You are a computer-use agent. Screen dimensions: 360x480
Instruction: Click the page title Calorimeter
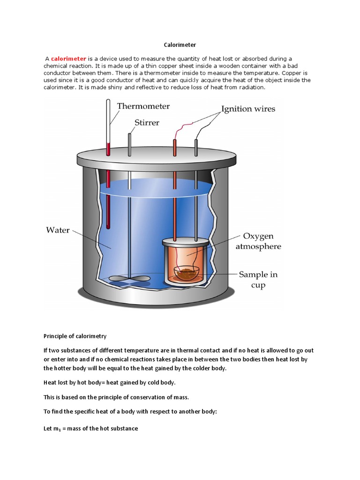click(180, 45)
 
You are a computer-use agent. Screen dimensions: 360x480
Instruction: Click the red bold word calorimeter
click(68, 59)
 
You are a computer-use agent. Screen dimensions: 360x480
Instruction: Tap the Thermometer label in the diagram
click(143, 106)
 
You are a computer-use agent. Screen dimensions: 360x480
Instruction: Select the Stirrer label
click(147, 122)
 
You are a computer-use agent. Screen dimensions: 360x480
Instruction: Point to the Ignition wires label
click(248, 109)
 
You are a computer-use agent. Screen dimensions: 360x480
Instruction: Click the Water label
click(58, 230)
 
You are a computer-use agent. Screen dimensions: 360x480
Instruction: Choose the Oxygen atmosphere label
click(258, 241)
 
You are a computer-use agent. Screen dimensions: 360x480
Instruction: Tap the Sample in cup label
click(258, 279)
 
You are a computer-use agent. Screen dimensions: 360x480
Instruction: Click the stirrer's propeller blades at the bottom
click(130, 279)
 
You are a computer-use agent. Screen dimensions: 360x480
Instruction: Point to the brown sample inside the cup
click(186, 271)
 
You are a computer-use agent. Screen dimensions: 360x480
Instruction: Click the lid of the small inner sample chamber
click(186, 242)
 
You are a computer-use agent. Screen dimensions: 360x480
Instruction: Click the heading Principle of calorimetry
click(75, 336)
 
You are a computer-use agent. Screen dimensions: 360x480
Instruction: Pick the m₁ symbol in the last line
click(57, 428)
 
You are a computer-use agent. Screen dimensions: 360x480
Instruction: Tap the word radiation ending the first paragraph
click(253, 87)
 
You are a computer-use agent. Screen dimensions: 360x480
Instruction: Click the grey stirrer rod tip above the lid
click(129, 135)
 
